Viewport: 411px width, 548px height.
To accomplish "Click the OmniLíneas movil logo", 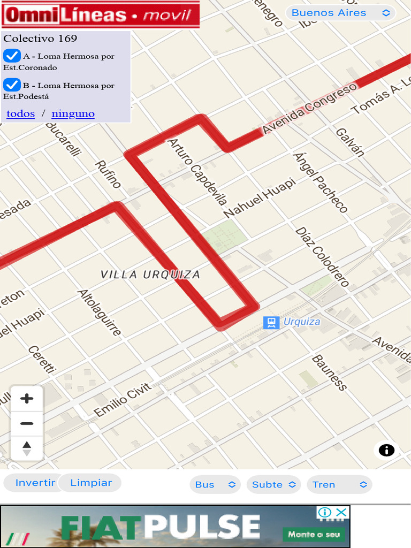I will coord(101,14).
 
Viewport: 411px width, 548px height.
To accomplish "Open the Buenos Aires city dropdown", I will coord(340,13).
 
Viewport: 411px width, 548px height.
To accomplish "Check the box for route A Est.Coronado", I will coord(12,56).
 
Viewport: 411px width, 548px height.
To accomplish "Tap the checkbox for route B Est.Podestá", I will coord(12,85).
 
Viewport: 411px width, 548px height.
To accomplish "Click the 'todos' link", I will coord(21,113).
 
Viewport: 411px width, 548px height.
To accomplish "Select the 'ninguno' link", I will coord(73,113).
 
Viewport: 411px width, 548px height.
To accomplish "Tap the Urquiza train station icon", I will coord(271,322).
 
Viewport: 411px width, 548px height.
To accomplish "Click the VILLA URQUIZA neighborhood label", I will coord(150,275).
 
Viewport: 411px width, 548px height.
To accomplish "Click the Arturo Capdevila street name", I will coord(197,172).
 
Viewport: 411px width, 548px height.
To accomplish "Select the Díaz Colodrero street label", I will coord(322,257).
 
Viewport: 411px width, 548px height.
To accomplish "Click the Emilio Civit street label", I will coord(122,400).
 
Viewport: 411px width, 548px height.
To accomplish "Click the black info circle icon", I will coord(386,450).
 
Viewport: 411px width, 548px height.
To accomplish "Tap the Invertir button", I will coord(35,483).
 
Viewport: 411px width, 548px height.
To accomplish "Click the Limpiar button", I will coord(91,483).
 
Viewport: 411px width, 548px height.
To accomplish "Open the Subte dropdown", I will coord(273,484).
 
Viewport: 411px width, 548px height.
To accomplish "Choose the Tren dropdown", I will coord(339,484).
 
